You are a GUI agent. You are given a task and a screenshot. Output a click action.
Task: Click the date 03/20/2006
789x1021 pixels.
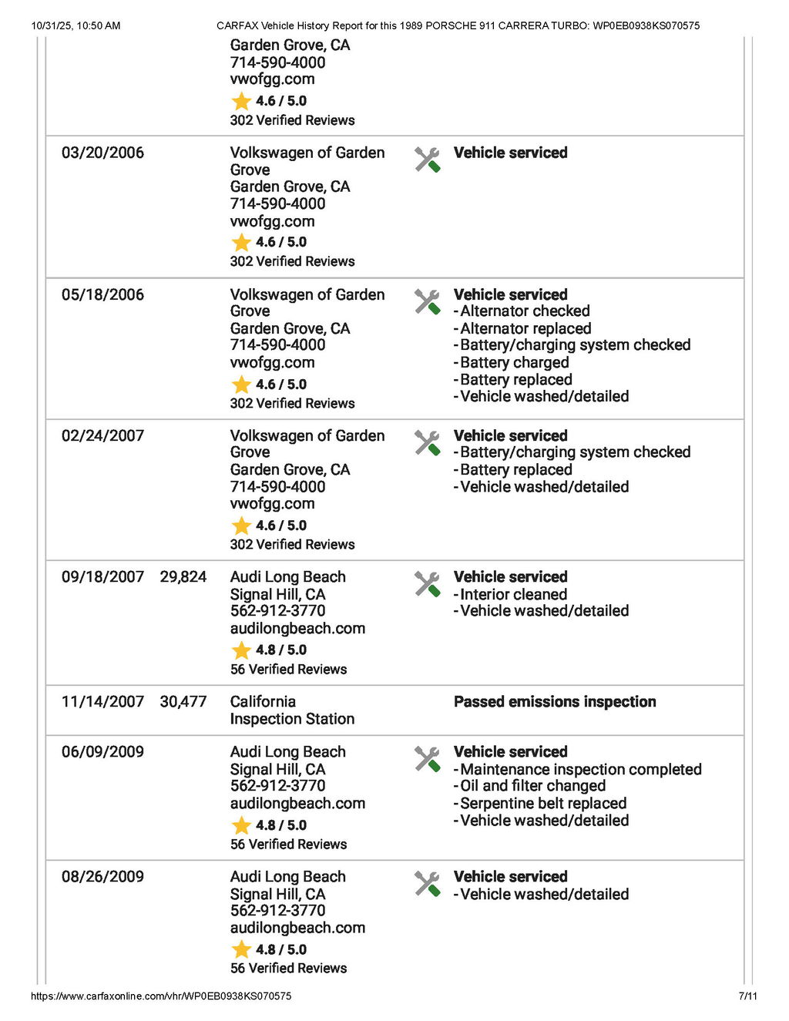click(x=102, y=153)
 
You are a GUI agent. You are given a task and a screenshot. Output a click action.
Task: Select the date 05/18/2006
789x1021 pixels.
click(x=102, y=294)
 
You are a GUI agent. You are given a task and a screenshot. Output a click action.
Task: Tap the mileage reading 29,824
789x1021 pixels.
click(x=183, y=577)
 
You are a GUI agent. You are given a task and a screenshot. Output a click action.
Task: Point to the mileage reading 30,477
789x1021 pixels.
click(x=183, y=702)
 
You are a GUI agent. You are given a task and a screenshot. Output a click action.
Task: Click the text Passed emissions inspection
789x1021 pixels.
click(x=555, y=702)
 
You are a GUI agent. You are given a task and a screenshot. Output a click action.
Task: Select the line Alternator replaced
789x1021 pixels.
click(x=525, y=328)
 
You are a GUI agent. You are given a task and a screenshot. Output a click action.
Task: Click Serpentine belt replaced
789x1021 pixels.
click(x=543, y=803)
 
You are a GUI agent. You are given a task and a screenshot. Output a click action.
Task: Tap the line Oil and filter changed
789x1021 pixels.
click(x=532, y=786)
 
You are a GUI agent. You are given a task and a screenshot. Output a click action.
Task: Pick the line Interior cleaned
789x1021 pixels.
click(x=513, y=594)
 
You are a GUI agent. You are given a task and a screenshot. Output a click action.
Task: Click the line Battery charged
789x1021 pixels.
click(x=515, y=362)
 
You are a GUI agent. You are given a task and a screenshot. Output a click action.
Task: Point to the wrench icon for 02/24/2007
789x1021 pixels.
click(x=427, y=443)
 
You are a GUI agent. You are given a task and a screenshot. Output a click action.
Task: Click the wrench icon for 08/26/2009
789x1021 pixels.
click(x=427, y=884)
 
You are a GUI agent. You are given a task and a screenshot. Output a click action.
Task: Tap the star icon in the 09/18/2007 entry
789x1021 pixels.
click(x=241, y=650)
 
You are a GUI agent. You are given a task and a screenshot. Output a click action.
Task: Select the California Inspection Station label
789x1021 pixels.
click(x=292, y=710)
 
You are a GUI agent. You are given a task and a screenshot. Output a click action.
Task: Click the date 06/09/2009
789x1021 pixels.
click(x=102, y=752)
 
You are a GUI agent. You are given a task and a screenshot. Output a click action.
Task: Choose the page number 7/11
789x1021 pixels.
click(x=747, y=996)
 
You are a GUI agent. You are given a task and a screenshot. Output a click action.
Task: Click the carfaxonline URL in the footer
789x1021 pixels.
click(x=161, y=996)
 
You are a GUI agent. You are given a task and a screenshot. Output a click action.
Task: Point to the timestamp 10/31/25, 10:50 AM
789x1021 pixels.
click(x=76, y=25)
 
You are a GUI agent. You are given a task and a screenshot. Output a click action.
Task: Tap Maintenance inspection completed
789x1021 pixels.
click(x=581, y=769)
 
